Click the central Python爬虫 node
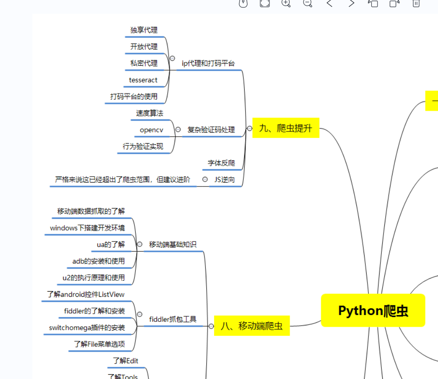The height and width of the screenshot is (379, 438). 373,310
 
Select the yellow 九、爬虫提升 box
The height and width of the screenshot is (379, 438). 286,128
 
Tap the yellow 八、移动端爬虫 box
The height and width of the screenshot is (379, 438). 252,326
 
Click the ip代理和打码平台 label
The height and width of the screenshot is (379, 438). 208,63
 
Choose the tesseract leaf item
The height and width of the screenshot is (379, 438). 143,80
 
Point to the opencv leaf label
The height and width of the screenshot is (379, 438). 151,130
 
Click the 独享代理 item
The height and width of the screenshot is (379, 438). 144,30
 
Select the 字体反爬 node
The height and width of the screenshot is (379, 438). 221,163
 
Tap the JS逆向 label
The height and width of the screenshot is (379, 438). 224,180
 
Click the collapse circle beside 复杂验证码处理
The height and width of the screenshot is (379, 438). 178,129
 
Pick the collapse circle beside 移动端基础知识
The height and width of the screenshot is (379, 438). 140,244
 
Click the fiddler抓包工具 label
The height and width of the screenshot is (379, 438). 173,319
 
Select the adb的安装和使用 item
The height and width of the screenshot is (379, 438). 99,261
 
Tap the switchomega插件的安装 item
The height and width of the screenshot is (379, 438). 87,328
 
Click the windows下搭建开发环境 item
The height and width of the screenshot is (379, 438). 87,228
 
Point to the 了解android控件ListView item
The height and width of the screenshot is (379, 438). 86,294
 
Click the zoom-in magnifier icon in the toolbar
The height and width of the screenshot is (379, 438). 286,3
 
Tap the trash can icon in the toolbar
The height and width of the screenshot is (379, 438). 416,3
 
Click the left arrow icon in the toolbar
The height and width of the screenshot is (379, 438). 329,3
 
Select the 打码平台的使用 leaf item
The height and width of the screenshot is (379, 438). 134,96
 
